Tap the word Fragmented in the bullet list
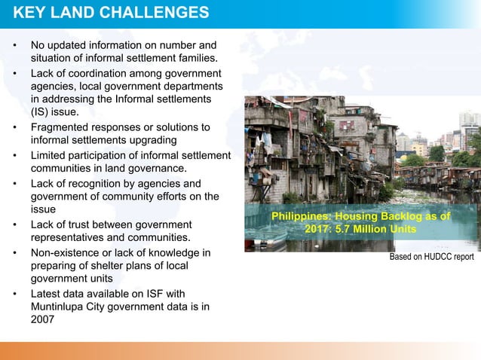point(63,127)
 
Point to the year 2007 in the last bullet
point(42,319)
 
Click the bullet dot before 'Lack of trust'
point(14,225)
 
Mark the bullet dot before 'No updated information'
point(14,45)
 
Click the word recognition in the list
point(96,183)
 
